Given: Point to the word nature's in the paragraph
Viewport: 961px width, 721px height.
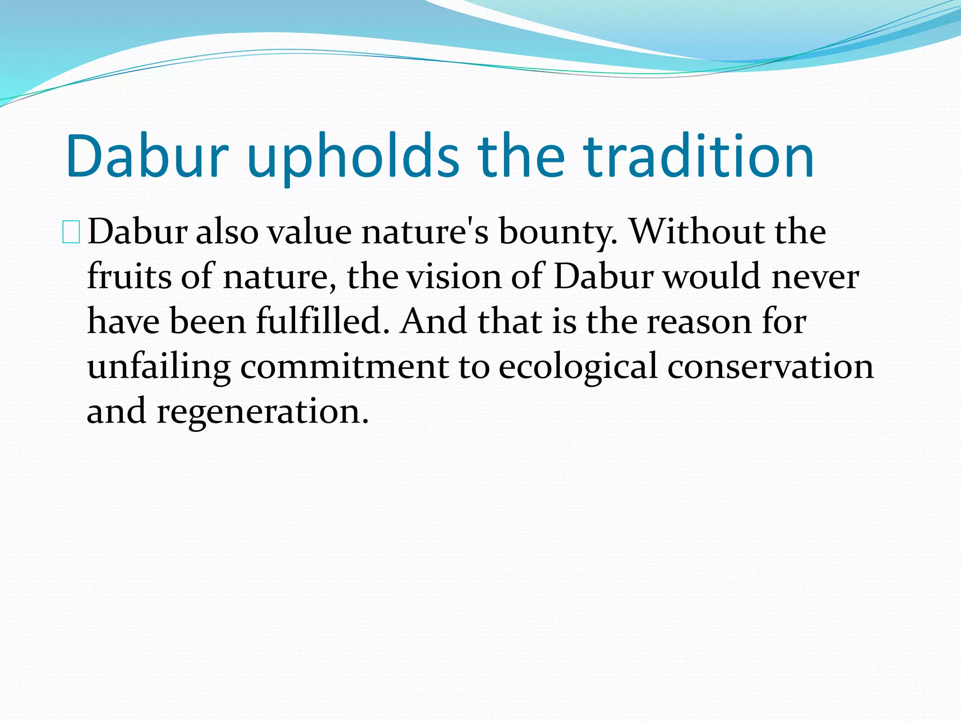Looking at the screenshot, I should [425, 232].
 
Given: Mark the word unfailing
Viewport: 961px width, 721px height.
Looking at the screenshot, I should [159, 367].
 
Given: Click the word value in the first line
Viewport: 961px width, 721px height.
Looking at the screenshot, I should [309, 232].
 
